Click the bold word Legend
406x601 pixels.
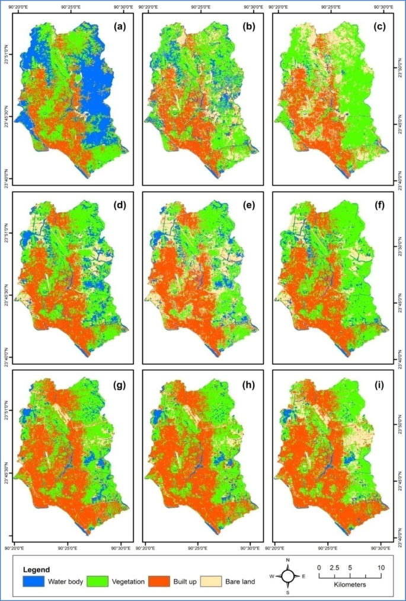[37, 570]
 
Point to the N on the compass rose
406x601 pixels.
[287, 560]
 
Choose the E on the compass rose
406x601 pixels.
[303, 576]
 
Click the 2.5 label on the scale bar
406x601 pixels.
[334, 568]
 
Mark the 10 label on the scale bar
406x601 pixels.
[381, 568]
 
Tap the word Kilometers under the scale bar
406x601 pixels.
[350, 584]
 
